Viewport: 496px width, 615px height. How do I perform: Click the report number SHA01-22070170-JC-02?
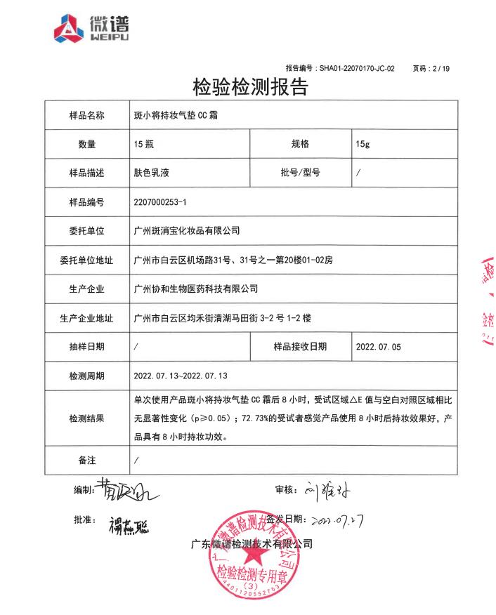tap(357, 68)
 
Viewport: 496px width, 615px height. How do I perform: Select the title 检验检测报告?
tap(251, 88)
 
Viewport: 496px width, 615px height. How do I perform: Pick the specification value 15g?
tap(363, 144)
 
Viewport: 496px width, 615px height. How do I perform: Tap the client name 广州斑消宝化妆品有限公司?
tap(186, 230)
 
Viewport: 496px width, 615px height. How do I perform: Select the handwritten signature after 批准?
tap(129, 524)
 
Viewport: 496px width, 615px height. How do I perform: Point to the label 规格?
tap(300, 144)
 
